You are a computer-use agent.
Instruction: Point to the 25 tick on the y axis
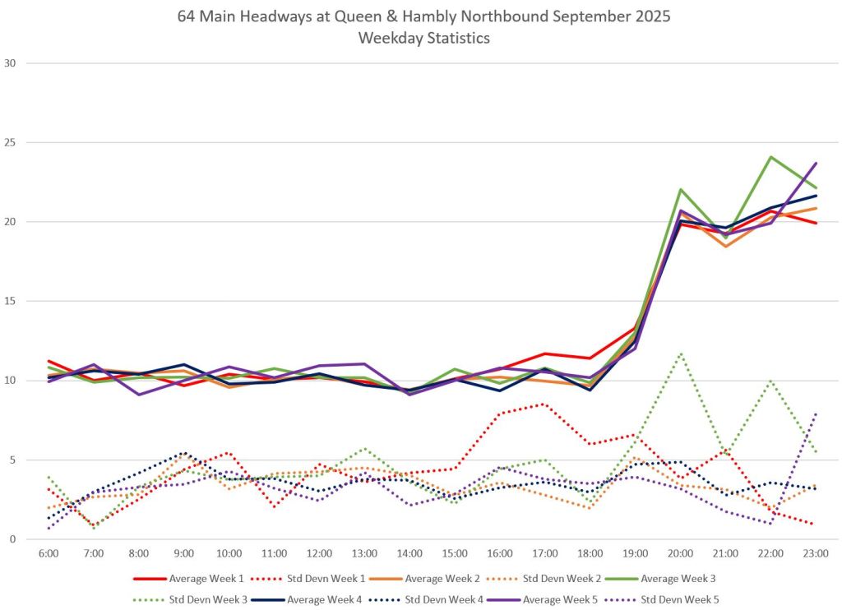[11, 142]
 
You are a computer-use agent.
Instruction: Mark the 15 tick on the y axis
[11, 301]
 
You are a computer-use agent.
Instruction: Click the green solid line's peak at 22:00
[770, 156]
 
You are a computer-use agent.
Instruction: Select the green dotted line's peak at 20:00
[680, 354]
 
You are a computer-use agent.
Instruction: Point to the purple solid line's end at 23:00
[816, 163]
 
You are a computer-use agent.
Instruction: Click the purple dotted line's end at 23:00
[816, 414]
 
